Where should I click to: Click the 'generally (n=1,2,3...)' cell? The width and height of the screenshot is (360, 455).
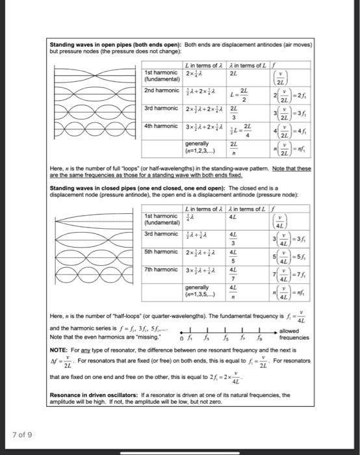point(198,147)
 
